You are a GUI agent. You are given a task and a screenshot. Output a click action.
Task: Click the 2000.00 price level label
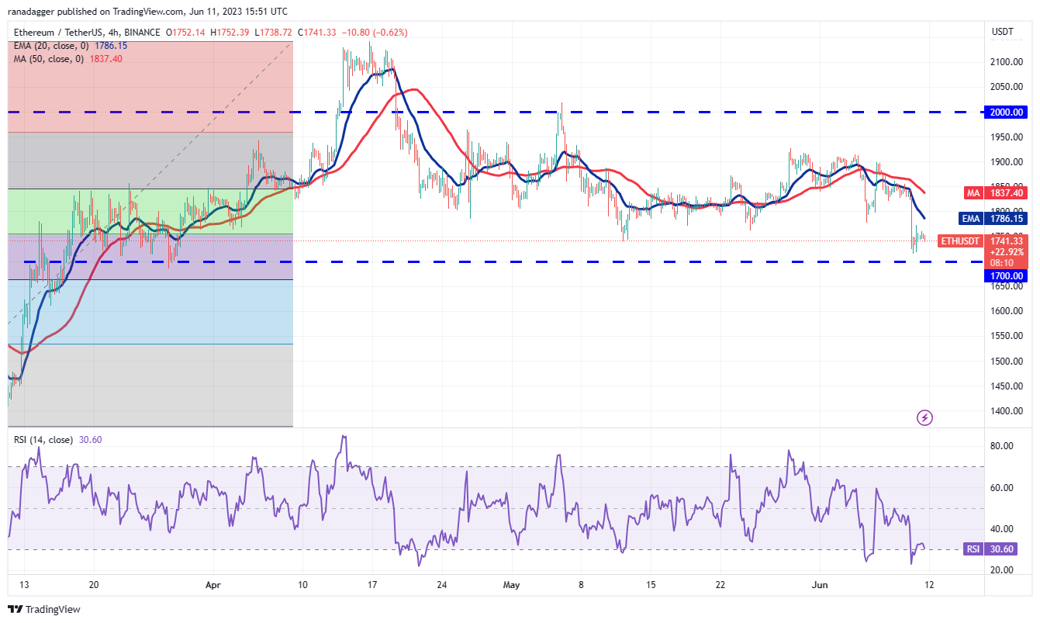click(1007, 112)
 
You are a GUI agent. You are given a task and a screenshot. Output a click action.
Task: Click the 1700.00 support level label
click(1007, 275)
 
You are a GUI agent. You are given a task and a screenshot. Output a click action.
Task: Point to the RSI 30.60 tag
click(997, 549)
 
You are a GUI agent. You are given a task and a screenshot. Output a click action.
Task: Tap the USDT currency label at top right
click(1002, 32)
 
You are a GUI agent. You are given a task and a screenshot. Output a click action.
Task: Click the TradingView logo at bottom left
click(44, 610)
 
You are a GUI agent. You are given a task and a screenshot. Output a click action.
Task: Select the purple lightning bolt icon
click(924, 418)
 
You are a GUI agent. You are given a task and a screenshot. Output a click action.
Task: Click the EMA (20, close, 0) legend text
click(50, 46)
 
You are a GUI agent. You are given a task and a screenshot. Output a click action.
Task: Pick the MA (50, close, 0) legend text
click(49, 59)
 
